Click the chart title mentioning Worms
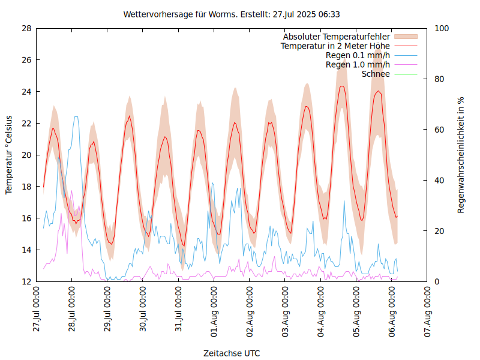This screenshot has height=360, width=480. (x=232, y=14)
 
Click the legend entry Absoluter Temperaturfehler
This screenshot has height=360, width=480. (x=337, y=37)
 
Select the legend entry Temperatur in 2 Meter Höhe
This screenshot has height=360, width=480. (x=335, y=46)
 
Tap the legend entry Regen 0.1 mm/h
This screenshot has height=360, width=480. (x=358, y=55)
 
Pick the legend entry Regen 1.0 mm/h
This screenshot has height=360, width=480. (x=358, y=65)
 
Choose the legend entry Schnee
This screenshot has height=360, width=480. (x=376, y=74)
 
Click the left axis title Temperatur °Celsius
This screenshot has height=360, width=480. (x=9, y=154)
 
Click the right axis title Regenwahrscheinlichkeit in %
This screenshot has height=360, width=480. (x=461, y=154)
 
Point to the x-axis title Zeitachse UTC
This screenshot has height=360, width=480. (x=232, y=353)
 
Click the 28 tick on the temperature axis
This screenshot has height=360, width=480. (x=26, y=28)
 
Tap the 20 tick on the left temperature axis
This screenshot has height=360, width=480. (x=26, y=155)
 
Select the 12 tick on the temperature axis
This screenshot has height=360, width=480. (x=26, y=281)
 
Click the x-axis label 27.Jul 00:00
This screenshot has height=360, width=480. (x=37, y=309)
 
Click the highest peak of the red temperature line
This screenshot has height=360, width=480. (x=342, y=86)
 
